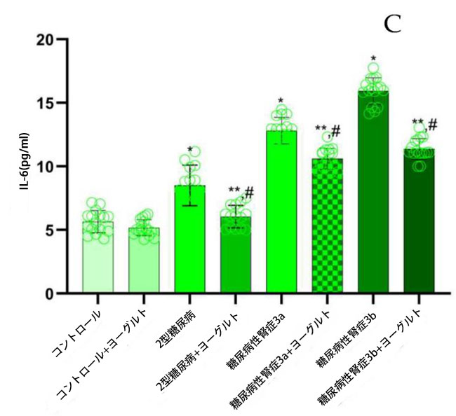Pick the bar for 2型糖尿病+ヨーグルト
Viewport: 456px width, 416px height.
point(235,256)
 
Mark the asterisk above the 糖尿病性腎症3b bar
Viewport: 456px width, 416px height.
point(373,60)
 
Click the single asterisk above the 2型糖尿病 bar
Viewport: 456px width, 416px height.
point(190,149)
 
